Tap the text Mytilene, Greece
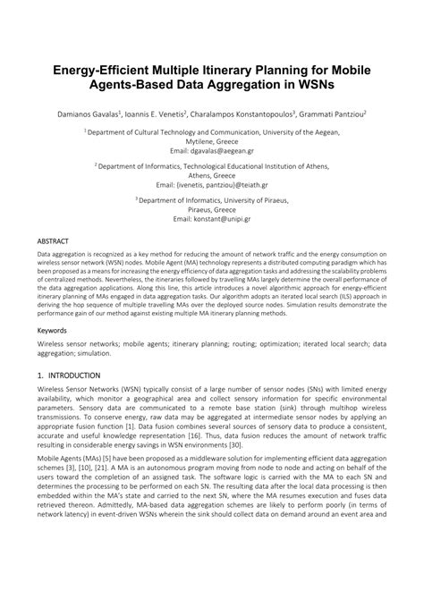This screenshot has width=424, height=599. [212, 141]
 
